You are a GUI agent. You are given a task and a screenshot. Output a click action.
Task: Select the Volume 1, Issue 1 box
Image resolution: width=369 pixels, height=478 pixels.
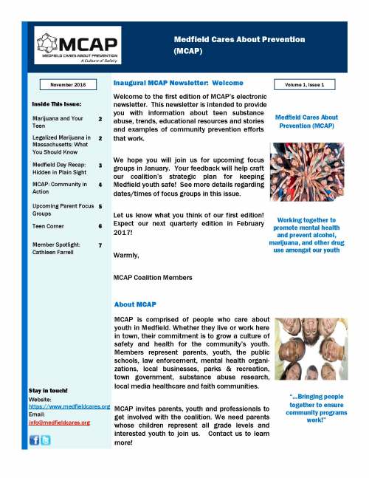(x=304, y=85)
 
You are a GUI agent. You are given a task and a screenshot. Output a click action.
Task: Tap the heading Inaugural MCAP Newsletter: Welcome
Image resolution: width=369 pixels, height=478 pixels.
(x=179, y=83)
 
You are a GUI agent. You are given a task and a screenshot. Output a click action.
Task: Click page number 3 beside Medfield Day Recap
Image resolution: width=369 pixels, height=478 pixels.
(x=100, y=165)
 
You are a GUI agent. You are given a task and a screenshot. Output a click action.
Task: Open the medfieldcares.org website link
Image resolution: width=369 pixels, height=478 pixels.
(x=69, y=406)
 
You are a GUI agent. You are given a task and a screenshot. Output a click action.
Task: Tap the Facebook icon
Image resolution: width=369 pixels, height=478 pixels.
(x=34, y=440)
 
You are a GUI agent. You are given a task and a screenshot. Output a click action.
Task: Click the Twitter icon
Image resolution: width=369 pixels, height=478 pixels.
(x=46, y=440)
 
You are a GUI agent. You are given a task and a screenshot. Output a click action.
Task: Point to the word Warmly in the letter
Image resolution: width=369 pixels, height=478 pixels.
(x=125, y=255)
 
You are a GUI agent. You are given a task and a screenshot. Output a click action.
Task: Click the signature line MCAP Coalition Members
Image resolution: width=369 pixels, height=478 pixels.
(x=153, y=277)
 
